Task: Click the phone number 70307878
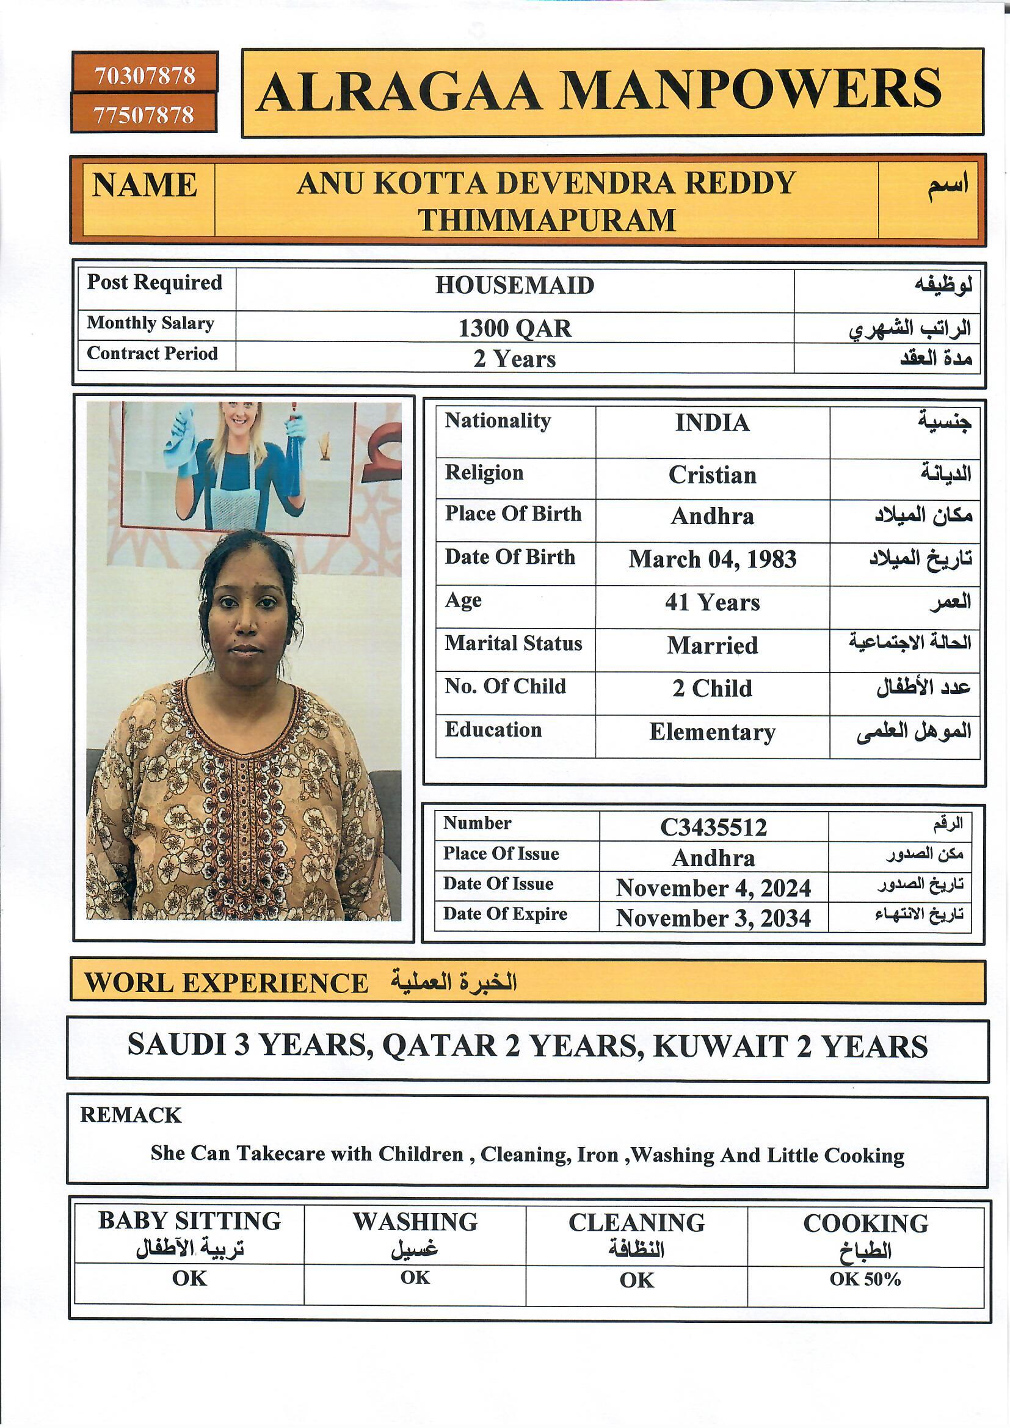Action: click(144, 75)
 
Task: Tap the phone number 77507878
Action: click(144, 115)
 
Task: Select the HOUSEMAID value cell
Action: click(514, 285)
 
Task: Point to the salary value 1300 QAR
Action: click(514, 328)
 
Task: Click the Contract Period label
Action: click(153, 353)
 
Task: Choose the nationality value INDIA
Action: click(712, 423)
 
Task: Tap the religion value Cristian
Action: click(712, 475)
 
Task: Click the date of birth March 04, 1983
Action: click(712, 559)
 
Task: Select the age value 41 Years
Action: click(712, 602)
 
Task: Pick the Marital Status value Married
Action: click(712, 646)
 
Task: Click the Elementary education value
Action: click(712, 732)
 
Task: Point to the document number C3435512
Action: click(713, 827)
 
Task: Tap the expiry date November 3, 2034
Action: click(713, 919)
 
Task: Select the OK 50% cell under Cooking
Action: click(865, 1279)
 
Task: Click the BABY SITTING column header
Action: click(189, 1221)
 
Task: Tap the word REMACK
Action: click(131, 1115)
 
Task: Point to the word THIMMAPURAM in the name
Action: click(546, 220)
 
